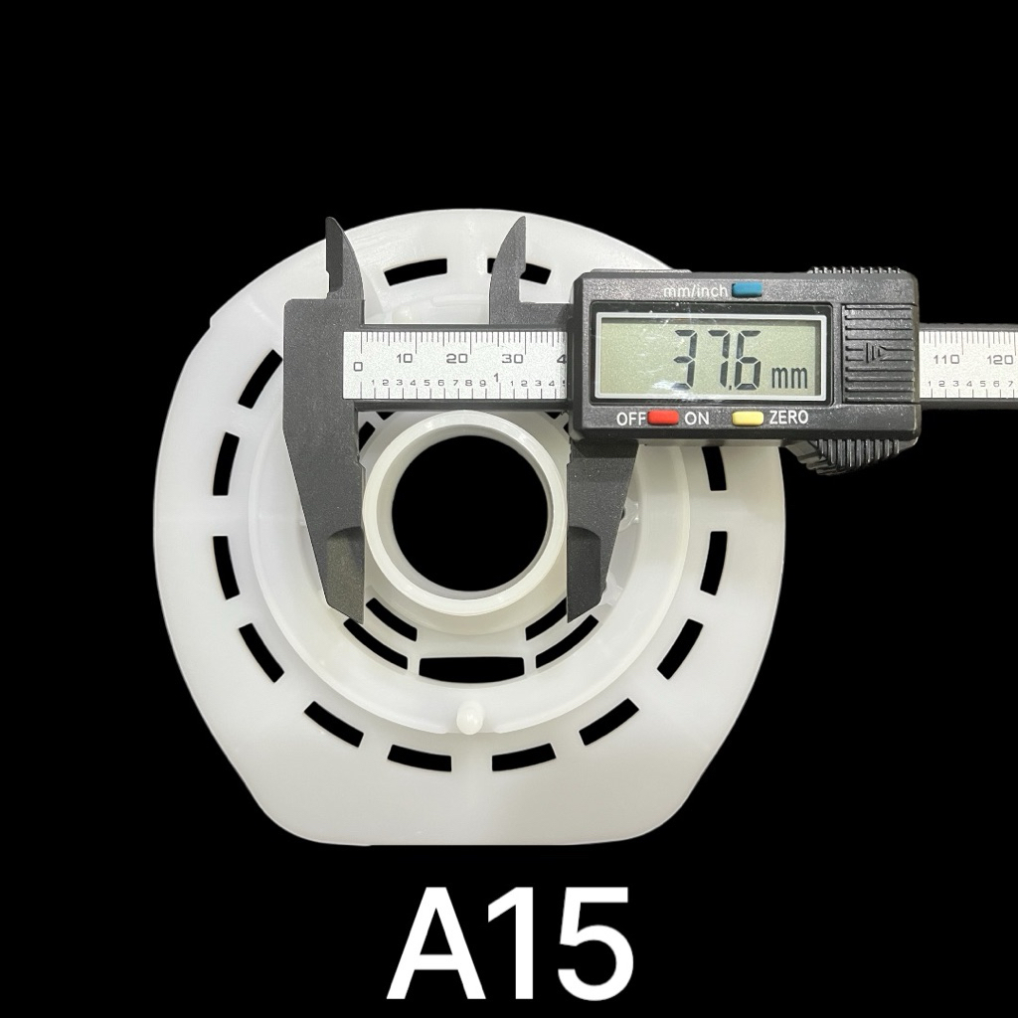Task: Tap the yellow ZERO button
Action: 748,418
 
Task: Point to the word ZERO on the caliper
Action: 788,417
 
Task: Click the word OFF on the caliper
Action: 631,419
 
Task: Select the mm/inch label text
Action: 695,291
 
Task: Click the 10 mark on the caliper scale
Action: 405,358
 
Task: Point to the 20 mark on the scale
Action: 457,358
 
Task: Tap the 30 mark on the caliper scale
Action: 513,358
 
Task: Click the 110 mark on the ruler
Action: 946,359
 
